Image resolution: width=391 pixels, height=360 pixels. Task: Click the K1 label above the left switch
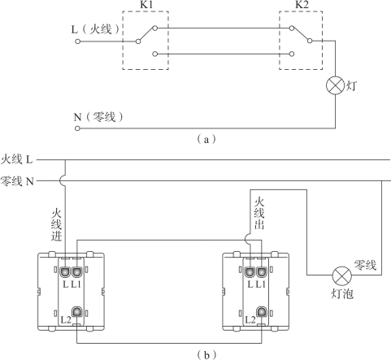[146, 5]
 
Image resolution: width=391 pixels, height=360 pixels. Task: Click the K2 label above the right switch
[302, 5]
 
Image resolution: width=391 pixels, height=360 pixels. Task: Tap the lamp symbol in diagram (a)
[335, 85]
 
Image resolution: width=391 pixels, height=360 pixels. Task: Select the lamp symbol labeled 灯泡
[342, 275]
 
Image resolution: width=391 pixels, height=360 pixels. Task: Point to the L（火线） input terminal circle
[78, 41]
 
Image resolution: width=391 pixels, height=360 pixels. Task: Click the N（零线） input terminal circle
[77, 128]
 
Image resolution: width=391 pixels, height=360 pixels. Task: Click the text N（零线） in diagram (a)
[98, 117]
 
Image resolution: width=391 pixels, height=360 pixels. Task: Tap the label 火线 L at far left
[17, 159]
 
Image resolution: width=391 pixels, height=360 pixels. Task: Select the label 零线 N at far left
[17, 180]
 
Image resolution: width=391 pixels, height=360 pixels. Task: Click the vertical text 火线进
[57, 224]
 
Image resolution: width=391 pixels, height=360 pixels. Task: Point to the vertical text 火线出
[259, 214]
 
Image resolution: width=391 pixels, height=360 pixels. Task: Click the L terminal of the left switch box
[66, 272]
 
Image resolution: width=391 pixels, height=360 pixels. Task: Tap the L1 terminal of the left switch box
[77, 272]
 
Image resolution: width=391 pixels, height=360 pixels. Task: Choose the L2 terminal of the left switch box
[77, 312]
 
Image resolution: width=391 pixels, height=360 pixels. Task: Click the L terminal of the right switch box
[250, 272]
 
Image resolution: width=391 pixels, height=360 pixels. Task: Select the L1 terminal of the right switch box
[262, 272]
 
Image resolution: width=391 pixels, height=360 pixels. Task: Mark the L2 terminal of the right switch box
[262, 312]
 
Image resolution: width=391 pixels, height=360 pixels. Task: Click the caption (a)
[206, 139]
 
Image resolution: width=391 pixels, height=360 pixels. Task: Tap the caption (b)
[206, 354]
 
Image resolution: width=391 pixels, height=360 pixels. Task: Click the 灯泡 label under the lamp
[342, 293]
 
